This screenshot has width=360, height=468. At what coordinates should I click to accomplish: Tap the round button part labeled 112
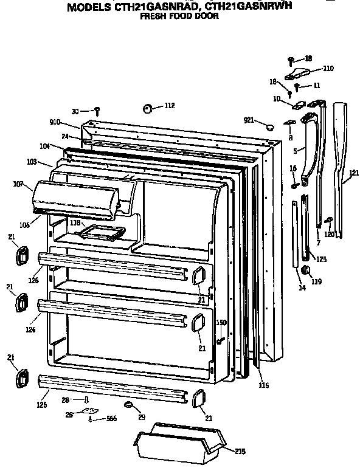point(148,108)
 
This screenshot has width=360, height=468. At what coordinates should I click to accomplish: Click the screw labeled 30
point(97,111)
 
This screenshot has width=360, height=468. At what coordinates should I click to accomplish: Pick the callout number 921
point(249,120)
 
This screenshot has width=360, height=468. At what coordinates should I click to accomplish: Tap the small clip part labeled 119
point(306,269)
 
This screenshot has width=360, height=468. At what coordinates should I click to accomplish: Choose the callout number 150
point(221,322)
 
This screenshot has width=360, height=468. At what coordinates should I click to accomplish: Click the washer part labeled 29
point(130,405)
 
